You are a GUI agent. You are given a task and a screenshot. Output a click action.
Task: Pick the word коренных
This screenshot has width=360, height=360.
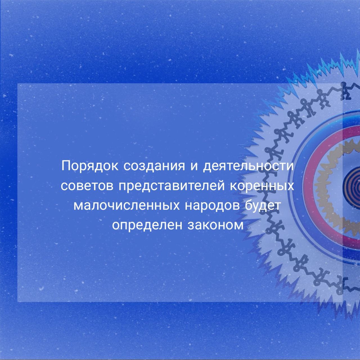(x=262, y=186)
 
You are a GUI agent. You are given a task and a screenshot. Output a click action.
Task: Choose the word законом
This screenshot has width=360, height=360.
(x=216, y=226)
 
